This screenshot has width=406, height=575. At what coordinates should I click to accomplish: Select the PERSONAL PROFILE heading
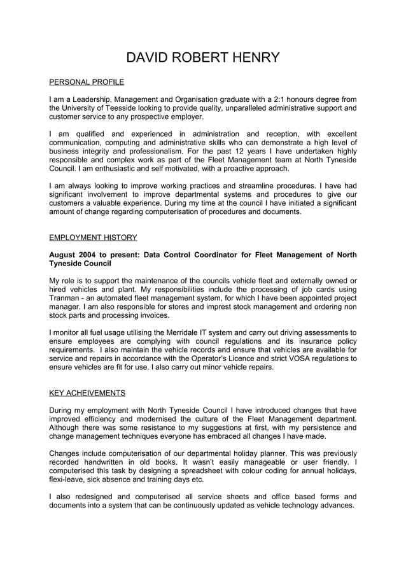click(87, 82)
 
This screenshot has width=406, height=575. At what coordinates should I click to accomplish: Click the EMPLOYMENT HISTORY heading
click(93, 238)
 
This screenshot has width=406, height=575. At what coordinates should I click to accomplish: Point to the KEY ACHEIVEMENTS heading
click(87, 392)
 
